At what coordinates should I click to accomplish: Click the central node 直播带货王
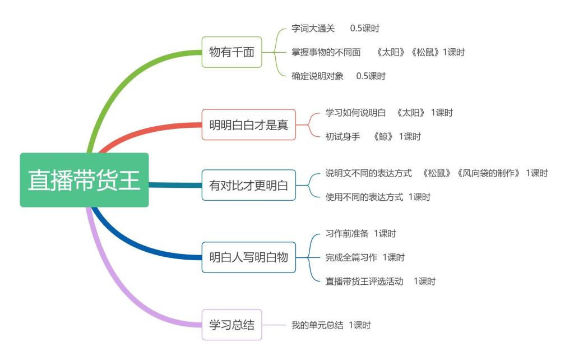click(x=84, y=180)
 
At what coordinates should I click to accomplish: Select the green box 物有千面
click(x=232, y=52)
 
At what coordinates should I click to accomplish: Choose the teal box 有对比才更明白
click(x=248, y=185)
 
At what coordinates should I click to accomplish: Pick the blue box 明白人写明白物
click(x=248, y=257)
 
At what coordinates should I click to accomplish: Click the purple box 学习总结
click(x=232, y=325)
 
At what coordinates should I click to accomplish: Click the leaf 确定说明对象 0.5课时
click(x=338, y=76)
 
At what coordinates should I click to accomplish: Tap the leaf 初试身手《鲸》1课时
click(x=373, y=136)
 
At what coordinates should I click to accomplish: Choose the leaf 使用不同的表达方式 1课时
click(x=378, y=197)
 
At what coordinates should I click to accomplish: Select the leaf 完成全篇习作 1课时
click(x=365, y=257)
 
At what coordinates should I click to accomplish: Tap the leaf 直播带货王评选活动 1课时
click(x=380, y=281)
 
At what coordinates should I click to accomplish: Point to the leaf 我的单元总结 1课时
click(x=331, y=325)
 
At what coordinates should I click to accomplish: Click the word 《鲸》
click(x=383, y=136)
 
